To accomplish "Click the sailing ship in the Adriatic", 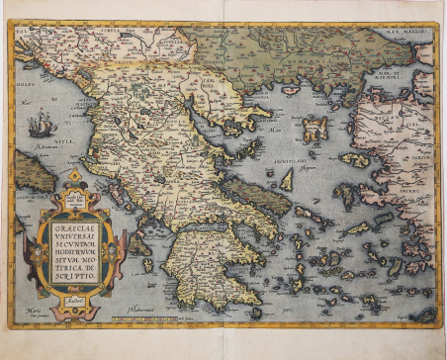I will (x=41, y=126).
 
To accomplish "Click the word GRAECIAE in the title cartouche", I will (x=74, y=224).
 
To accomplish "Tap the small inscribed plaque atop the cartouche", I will (x=76, y=197).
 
